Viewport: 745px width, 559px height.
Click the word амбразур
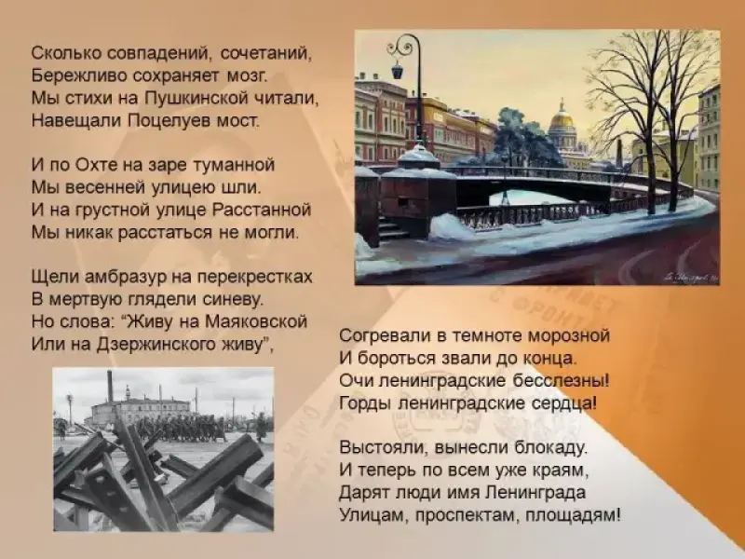point(126,277)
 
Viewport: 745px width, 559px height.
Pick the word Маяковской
point(256,321)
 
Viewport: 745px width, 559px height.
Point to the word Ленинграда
point(535,493)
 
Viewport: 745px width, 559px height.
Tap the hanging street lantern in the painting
point(398,72)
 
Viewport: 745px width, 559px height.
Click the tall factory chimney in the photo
point(110,387)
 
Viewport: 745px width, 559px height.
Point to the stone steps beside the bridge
point(392,227)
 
